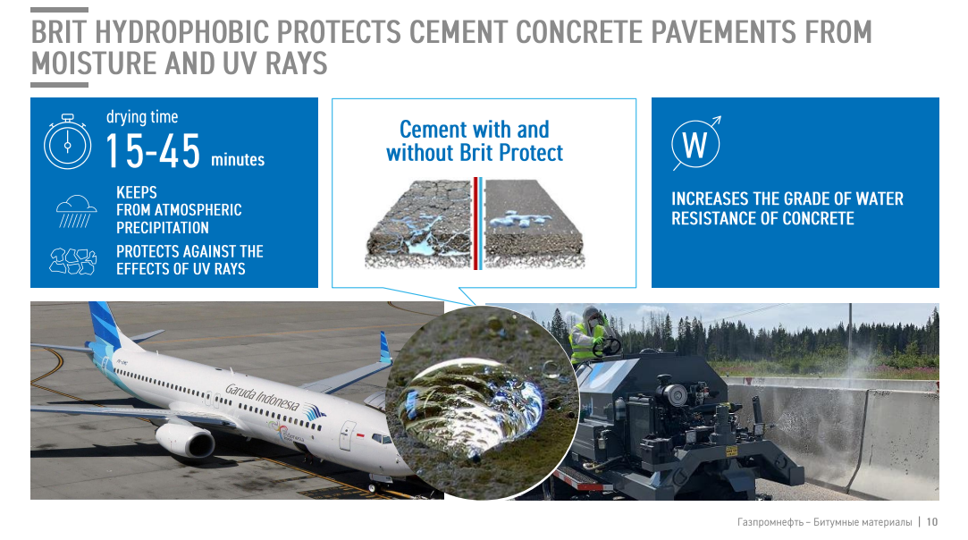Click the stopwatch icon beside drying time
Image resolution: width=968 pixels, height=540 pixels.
click(67, 142)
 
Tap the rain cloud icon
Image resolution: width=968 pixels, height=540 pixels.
click(76, 211)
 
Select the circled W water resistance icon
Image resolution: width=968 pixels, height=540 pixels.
click(695, 143)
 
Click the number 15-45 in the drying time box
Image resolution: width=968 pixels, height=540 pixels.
click(153, 151)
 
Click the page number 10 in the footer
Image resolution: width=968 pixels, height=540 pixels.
click(931, 522)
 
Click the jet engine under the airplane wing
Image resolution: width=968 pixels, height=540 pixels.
click(185, 439)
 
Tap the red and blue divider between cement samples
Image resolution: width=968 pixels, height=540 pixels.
click(478, 224)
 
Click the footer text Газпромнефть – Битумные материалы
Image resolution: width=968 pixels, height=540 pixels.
click(824, 522)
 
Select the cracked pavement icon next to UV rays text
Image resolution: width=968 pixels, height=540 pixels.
click(73, 261)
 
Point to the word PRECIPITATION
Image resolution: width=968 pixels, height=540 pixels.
click(163, 228)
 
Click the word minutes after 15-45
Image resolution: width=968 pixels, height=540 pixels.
click(238, 160)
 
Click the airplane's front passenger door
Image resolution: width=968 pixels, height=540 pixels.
click(349, 435)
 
